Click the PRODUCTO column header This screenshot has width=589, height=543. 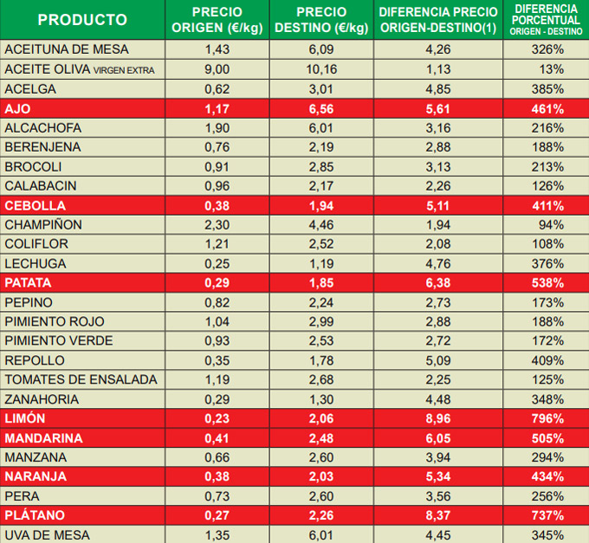point(82,20)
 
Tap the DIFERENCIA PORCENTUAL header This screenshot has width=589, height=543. point(547,19)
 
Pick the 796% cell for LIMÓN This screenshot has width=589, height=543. point(547,418)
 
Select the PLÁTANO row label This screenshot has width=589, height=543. point(35,515)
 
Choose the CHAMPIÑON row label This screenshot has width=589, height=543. point(43,224)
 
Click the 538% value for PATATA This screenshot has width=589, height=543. point(547,283)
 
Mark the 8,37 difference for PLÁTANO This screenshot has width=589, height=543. point(439,515)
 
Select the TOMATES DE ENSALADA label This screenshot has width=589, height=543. point(81,379)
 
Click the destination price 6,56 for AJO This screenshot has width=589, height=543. point(321,109)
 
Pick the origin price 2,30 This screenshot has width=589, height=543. point(217,224)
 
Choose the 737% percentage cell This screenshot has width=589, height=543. point(547,515)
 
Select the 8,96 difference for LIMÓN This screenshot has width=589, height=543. point(439,418)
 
